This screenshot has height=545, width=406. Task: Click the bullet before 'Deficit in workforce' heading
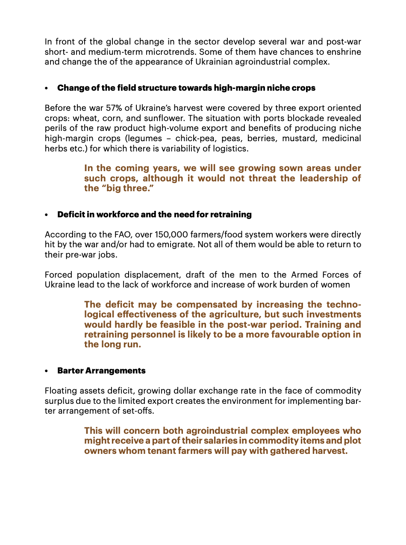(47, 215)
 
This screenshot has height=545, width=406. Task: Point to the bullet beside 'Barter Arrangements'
(47, 371)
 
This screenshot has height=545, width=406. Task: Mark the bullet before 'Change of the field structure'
(47, 88)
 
